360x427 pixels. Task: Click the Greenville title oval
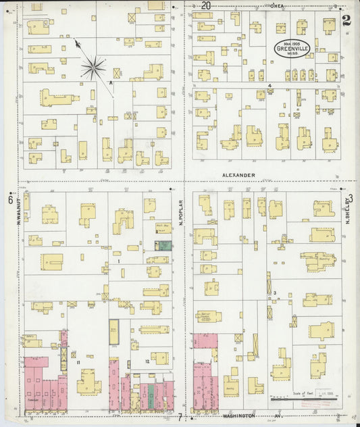[x=292, y=48]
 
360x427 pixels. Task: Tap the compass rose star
[x=93, y=67]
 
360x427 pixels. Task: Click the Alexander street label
[x=238, y=175]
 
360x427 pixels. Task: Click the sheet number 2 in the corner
[x=346, y=20]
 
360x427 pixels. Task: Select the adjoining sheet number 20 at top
[x=205, y=6]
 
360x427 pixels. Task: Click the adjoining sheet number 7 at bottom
[x=180, y=417]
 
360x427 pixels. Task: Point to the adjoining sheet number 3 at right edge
[x=350, y=197]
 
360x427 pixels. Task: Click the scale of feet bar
[x=303, y=400]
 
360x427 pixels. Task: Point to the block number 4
[x=269, y=85]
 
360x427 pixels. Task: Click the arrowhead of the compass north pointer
[x=77, y=43]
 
